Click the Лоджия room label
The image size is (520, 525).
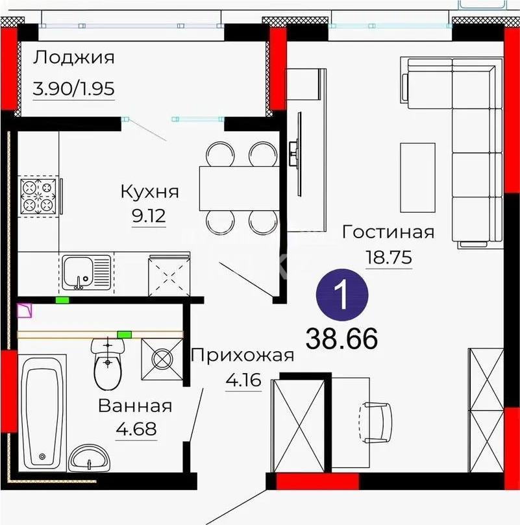click(x=74, y=58)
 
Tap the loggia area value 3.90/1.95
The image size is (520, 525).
click(x=74, y=88)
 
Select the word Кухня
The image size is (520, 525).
click(x=149, y=191)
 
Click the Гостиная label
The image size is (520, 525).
click(x=388, y=232)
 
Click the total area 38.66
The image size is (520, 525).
click(x=341, y=337)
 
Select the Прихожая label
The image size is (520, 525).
click(x=243, y=355)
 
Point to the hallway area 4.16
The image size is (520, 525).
click(x=243, y=380)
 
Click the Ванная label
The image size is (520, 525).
click(x=135, y=406)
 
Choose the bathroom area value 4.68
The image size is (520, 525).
click(x=136, y=430)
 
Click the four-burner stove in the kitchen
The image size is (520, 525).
click(x=40, y=195)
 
